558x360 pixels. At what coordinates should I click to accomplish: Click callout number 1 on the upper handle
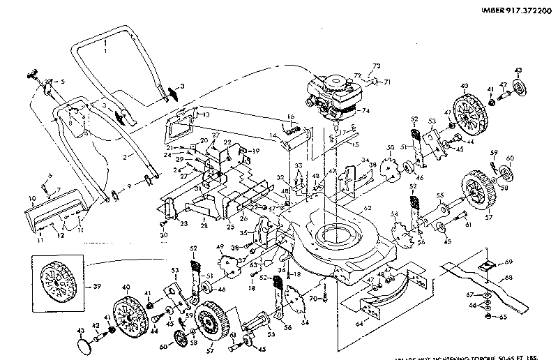tap(105, 52)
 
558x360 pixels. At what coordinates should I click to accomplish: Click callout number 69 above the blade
tap(508, 261)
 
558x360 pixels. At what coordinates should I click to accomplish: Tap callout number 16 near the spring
tap(292, 117)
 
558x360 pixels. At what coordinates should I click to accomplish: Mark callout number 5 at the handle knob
tap(63, 82)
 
